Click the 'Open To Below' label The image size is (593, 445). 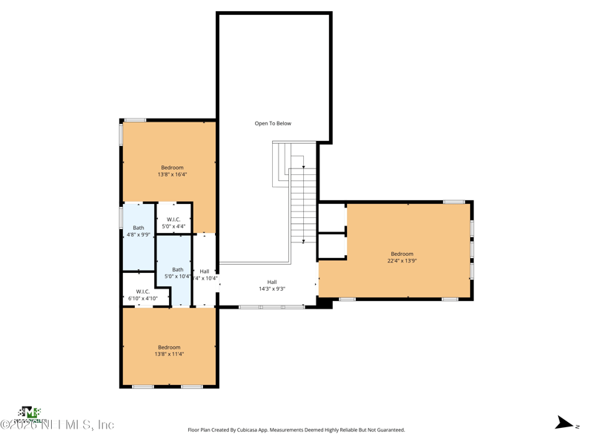(x=273, y=124)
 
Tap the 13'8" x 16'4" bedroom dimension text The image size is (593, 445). (x=172, y=175)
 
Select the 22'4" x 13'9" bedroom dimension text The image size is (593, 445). (x=402, y=261)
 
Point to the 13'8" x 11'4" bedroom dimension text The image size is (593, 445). (x=169, y=355)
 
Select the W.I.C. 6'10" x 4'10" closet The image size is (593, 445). (x=142, y=295)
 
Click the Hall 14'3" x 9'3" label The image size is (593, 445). (x=272, y=286)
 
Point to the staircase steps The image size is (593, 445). (x=303, y=204)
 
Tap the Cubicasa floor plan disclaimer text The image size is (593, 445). (x=296, y=429)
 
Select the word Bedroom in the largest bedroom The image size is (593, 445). (x=402, y=254)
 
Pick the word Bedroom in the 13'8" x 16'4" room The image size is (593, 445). (x=172, y=168)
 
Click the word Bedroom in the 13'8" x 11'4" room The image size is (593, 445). (x=169, y=347)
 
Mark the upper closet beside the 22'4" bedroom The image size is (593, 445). (x=332, y=217)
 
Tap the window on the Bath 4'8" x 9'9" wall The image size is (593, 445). (x=122, y=217)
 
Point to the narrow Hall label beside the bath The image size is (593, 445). (x=205, y=271)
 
